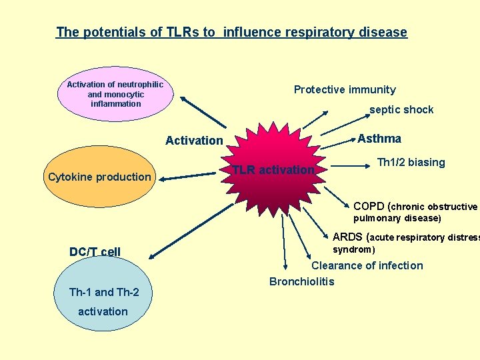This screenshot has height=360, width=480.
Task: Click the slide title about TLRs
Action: (231, 32)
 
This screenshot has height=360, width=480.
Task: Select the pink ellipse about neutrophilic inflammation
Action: (115, 95)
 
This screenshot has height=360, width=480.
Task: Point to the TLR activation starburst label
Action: (273, 170)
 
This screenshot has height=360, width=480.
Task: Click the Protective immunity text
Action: (345, 90)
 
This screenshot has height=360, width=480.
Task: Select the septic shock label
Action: (401, 110)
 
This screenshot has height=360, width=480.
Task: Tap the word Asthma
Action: (379, 139)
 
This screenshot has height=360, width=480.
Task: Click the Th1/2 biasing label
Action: (411, 163)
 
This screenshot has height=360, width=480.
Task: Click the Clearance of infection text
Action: (367, 265)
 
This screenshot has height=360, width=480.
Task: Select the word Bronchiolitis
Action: (301, 281)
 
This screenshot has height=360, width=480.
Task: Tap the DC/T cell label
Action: (95, 251)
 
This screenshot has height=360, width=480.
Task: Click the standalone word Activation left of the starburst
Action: (194, 140)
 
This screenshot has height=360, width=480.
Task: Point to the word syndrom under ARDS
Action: (353, 250)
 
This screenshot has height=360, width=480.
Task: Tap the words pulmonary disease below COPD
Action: (397, 218)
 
